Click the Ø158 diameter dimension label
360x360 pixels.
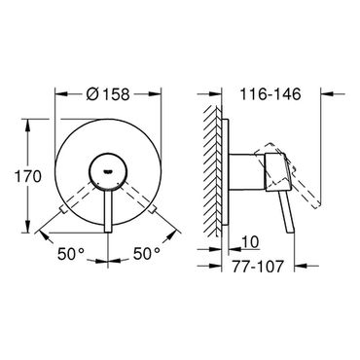[108, 94]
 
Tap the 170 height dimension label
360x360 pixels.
[28, 177]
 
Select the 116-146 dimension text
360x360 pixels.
[270, 94]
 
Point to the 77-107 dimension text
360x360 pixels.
[258, 267]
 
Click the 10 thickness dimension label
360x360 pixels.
[250, 242]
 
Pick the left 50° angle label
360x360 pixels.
[71, 254]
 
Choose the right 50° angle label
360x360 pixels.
[147, 253]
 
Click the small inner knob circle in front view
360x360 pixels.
[107, 172]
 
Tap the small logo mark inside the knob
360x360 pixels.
[107, 171]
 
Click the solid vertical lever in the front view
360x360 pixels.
[108, 211]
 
